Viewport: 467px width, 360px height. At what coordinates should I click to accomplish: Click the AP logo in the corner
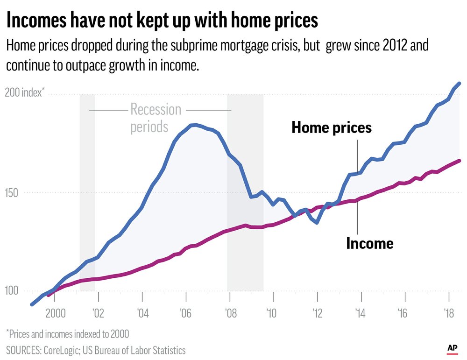[x=452, y=348]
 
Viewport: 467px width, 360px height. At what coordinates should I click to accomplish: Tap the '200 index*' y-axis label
[x=24, y=92]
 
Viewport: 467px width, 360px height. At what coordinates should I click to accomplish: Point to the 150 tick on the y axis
[x=14, y=192]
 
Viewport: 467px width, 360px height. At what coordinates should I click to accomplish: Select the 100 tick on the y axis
[x=14, y=290]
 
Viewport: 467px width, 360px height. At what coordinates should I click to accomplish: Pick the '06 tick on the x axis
[x=186, y=312]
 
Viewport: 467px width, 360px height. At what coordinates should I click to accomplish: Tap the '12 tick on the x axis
[x=317, y=312]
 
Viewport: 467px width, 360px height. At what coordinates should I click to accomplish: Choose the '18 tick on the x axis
[x=449, y=312]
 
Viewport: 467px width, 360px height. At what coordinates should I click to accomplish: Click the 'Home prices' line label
[x=332, y=127]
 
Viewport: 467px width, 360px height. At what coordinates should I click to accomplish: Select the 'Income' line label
[x=369, y=243]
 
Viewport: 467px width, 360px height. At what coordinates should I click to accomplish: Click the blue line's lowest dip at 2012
[x=317, y=223]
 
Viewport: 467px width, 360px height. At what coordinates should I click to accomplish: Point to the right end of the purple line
[x=460, y=161]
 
